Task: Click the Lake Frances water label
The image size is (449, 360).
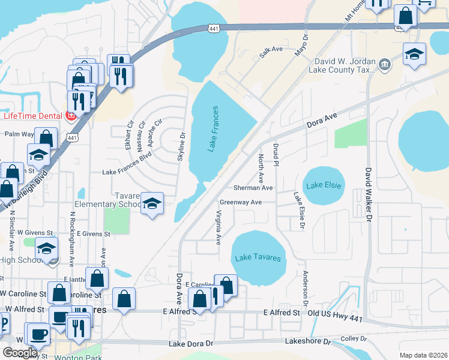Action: pos(213,129)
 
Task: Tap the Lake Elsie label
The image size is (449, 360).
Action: pos(324,185)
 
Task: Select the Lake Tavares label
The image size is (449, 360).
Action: pos(258,257)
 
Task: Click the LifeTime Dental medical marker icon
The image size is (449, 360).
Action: pos(70,116)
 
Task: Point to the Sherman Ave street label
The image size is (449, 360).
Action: pos(253,188)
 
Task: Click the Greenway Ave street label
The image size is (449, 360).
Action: pos(241,203)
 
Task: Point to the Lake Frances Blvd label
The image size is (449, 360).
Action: pos(127,172)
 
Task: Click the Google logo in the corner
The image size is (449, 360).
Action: pos(19,353)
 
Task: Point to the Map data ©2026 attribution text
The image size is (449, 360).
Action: pos(423,355)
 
